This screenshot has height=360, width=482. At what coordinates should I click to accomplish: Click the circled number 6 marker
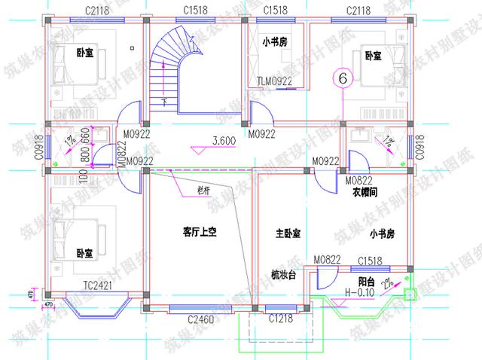tap(343, 78)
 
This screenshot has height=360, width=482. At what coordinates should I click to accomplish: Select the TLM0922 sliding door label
tap(273, 81)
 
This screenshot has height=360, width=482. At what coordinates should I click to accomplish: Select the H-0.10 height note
tap(361, 292)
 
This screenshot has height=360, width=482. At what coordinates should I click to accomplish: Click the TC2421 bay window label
tap(98, 285)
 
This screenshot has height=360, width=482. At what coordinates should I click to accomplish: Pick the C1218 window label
tap(281, 320)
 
